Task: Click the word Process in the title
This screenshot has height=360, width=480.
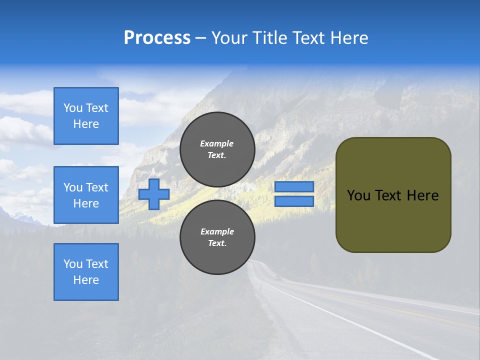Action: coord(157,38)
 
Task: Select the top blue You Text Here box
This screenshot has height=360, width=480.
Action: coord(86,116)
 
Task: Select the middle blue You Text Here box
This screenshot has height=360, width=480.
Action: coord(86,195)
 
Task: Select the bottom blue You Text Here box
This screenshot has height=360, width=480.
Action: coord(86,272)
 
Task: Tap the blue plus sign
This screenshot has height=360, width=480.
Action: coord(154,194)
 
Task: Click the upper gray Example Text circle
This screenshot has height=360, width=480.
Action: coord(217,149)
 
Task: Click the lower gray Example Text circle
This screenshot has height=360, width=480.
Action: coord(217,237)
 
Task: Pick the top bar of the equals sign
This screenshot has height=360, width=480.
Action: coord(294,187)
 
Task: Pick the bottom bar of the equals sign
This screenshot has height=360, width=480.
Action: coord(294,201)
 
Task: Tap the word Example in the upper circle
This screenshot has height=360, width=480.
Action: coord(217,143)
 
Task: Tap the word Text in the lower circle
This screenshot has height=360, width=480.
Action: coord(217,243)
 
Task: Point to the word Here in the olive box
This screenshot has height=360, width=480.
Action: coord(423,195)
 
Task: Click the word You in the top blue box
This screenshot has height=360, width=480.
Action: coord(73,108)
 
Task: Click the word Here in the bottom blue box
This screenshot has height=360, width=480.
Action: coord(86,280)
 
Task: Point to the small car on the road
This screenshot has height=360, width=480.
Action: coord(278,277)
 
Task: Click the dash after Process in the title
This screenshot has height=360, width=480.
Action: coord(201,38)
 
